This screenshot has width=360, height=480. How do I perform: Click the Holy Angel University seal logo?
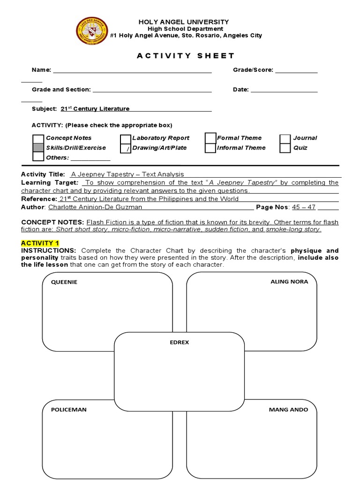click(x=92, y=30)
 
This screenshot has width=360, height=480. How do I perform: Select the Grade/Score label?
click(x=253, y=70)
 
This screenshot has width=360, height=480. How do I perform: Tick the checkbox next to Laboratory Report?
click(x=125, y=139)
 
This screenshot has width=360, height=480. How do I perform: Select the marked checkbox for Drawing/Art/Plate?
click(x=125, y=149)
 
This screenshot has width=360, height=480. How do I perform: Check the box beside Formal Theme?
click(x=210, y=138)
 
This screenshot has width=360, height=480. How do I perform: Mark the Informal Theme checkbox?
click(x=210, y=148)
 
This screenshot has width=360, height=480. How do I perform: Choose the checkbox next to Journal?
click(x=285, y=139)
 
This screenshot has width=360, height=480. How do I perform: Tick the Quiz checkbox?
click(x=285, y=148)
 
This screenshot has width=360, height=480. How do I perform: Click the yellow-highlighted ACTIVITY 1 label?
click(x=40, y=243)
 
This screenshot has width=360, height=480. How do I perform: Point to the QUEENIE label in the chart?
click(x=64, y=282)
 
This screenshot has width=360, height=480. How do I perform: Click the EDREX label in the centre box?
click(x=179, y=342)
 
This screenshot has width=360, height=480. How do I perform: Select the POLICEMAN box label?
click(x=69, y=409)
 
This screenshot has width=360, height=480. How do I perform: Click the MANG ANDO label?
click(x=288, y=409)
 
